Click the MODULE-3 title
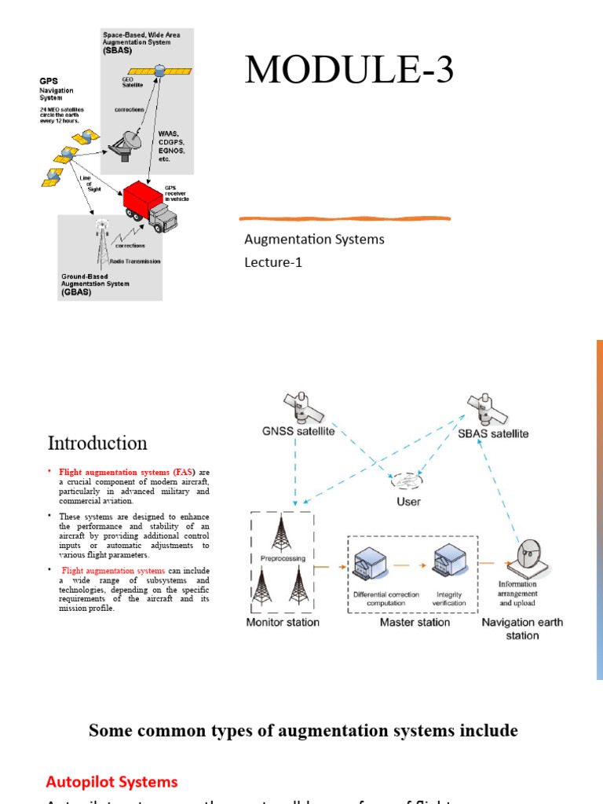349,71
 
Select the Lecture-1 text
273,262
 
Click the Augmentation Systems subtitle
314,239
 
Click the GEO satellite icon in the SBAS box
159,70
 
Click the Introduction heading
97,443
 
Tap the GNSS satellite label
298,430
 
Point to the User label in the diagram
408,501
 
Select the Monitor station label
283,622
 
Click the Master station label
415,622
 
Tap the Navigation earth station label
522,628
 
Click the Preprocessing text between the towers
281,559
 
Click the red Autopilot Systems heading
111,781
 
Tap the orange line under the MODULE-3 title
345,217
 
